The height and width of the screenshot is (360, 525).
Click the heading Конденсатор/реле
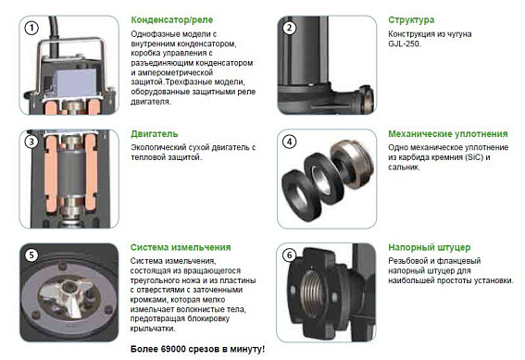[172, 20]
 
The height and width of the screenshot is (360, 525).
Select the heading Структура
[411, 20]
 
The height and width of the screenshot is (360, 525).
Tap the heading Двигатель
[154, 134]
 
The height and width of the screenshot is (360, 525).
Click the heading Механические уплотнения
[447, 134]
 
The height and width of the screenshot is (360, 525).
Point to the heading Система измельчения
[181, 247]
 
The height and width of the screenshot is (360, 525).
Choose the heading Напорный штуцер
[430, 248]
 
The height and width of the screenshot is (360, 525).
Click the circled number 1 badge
[31, 28]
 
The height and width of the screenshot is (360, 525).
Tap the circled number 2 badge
[289, 28]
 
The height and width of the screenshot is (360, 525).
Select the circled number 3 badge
[31, 142]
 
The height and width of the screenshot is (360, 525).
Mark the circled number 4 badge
[289, 142]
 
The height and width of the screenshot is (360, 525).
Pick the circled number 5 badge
[31, 255]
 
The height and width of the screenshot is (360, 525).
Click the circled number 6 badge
[289, 255]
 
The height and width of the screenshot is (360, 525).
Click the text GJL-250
[404, 43]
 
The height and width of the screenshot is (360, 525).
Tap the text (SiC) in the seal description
[474, 157]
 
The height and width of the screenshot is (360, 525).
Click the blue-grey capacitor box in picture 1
[74, 83]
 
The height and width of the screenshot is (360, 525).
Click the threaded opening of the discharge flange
[314, 292]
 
